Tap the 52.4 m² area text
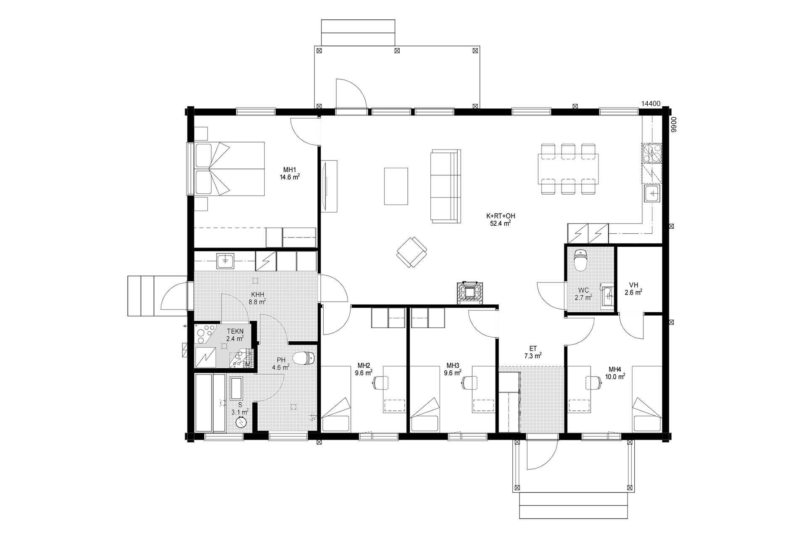500,223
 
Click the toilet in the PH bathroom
304,358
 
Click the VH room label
634,285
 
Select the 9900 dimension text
673,125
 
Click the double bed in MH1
226,169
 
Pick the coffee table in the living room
396,186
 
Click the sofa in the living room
445,186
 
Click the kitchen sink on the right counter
653,193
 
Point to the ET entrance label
533,348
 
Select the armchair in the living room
412,252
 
